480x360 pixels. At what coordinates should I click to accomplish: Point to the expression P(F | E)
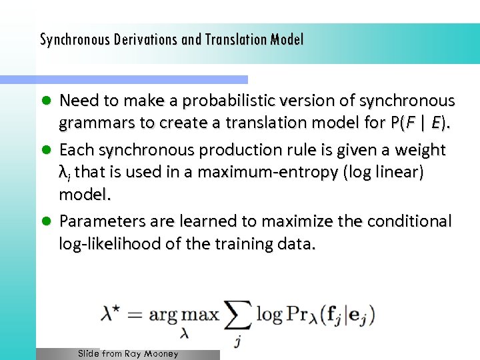point(419,123)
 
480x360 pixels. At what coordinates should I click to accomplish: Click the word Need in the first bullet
point(79,101)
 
